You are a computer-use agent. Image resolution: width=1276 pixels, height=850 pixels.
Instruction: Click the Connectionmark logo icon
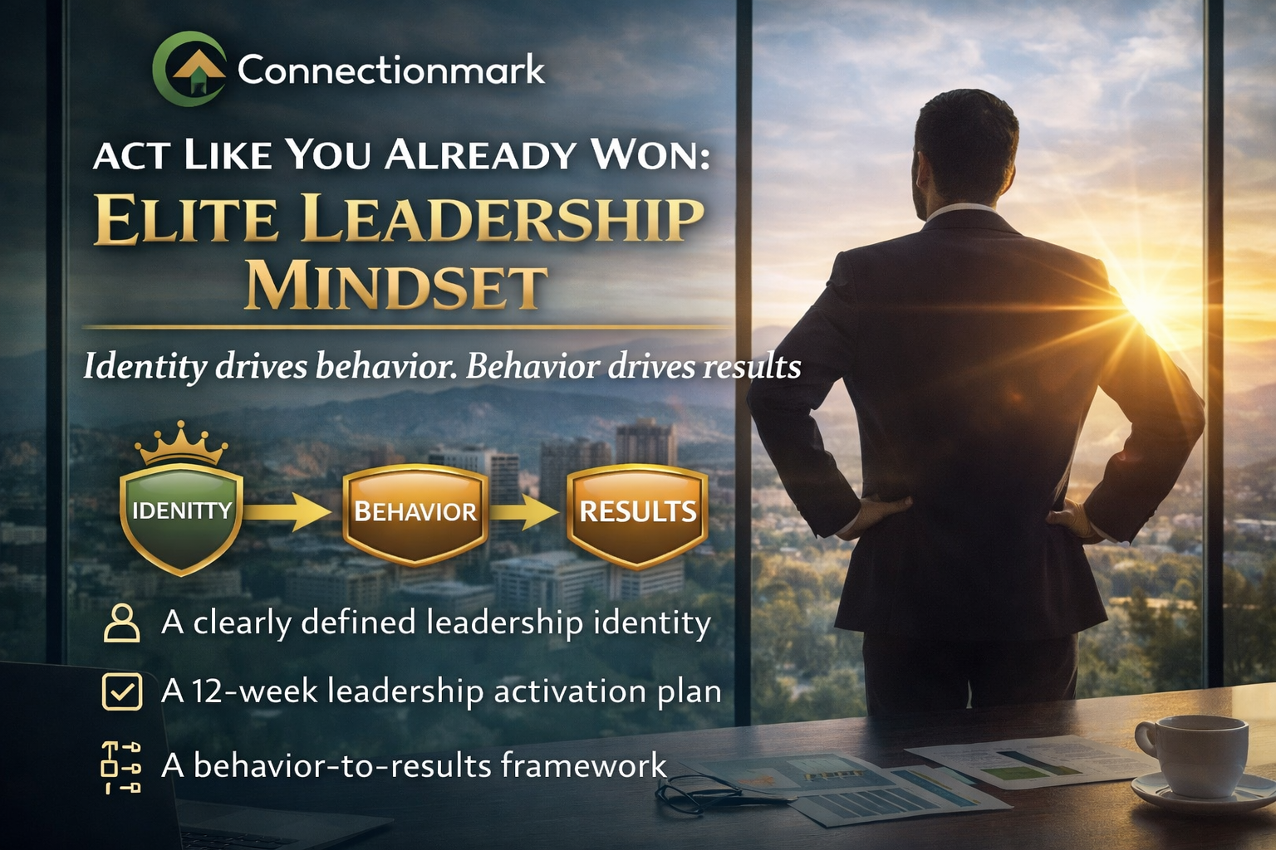[x=189, y=70]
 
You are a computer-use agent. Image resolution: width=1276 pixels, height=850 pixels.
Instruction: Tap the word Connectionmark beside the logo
[x=390, y=70]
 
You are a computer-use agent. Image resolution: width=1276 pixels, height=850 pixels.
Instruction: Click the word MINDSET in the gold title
[x=395, y=287]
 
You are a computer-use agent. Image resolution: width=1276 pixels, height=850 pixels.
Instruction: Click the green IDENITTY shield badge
[x=181, y=519]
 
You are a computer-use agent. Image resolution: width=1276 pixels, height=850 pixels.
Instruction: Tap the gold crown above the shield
[x=181, y=444]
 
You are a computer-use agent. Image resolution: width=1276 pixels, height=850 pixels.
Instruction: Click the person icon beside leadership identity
[x=121, y=623]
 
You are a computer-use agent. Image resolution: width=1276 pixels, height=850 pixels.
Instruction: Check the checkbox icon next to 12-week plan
[x=121, y=691]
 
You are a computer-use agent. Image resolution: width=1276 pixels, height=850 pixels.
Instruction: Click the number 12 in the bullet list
[x=209, y=691]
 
